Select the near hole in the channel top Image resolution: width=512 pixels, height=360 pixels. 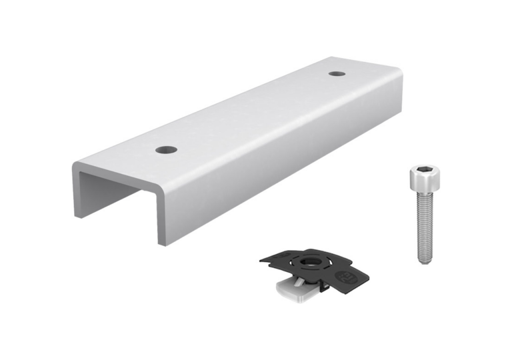click(x=167, y=149)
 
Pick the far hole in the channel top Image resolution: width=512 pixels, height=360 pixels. click(x=337, y=72)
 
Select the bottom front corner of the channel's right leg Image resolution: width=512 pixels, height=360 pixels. click(x=162, y=243)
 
